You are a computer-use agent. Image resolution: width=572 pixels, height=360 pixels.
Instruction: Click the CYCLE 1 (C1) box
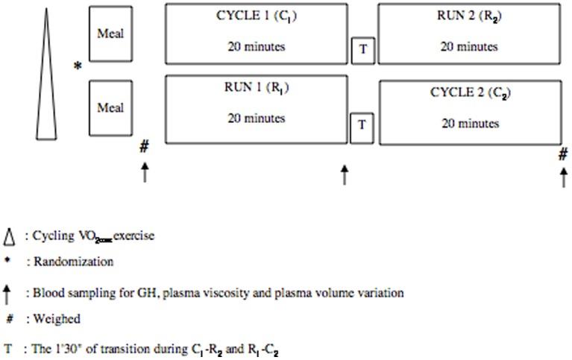click(x=256, y=34)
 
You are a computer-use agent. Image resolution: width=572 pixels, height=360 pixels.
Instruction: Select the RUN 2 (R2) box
click(x=468, y=34)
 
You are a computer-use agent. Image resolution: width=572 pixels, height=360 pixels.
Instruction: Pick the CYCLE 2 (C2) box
click(x=470, y=111)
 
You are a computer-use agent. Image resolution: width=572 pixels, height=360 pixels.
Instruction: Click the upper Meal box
click(x=110, y=34)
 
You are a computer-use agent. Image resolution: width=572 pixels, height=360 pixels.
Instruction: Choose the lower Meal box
click(x=110, y=109)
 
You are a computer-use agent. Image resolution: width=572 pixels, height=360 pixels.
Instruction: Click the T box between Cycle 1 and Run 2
click(x=362, y=50)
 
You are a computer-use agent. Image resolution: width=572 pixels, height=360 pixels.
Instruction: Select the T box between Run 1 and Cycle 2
click(x=362, y=124)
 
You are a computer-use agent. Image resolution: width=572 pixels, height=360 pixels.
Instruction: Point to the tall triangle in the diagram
click(x=46, y=82)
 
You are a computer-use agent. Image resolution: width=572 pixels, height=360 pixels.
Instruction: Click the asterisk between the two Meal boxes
click(x=77, y=67)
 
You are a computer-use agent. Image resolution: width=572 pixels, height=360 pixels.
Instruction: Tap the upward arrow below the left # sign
click(x=145, y=172)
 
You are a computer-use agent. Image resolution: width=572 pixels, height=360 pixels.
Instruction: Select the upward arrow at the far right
click(x=563, y=177)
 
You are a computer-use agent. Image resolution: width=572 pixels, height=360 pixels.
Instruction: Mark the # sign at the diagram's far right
click(x=563, y=154)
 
